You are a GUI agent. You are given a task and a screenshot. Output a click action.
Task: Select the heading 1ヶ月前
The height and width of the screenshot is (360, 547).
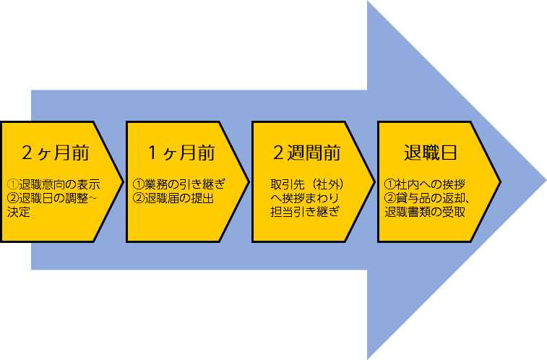[181, 153]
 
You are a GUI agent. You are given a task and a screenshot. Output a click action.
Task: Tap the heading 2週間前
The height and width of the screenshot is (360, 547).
[306, 153]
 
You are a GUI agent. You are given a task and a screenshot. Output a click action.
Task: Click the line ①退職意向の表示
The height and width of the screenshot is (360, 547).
[53, 184]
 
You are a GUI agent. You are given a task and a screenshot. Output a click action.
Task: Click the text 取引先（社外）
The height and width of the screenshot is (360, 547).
[306, 184]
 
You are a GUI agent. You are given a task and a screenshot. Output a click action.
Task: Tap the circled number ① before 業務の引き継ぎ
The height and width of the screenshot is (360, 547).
[138, 184]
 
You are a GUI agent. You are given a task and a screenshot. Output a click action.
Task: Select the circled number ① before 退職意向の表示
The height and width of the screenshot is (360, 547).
[12, 184]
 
